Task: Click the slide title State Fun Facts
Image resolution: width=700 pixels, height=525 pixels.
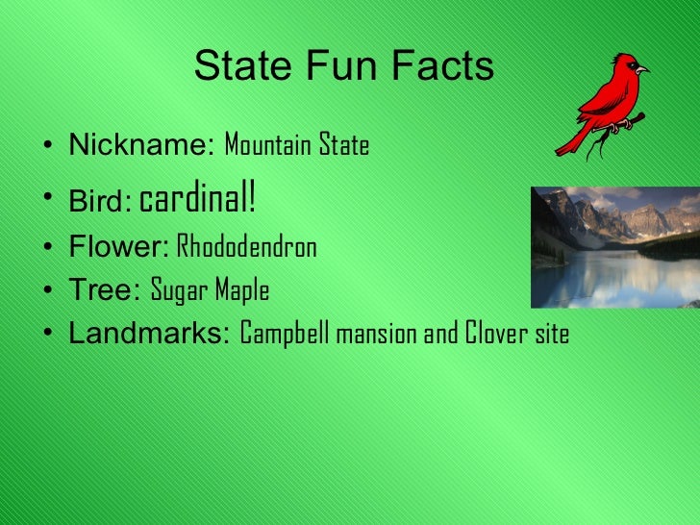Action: [343, 67]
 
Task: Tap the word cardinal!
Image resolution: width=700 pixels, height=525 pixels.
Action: [198, 200]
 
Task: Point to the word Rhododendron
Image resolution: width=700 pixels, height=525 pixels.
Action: [247, 248]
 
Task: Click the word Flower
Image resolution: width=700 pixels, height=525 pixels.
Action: [118, 248]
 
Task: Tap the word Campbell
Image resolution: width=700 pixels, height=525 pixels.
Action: [286, 334]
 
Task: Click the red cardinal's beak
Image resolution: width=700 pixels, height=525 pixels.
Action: [642, 69]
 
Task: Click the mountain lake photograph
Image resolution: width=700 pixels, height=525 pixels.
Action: [615, 247]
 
